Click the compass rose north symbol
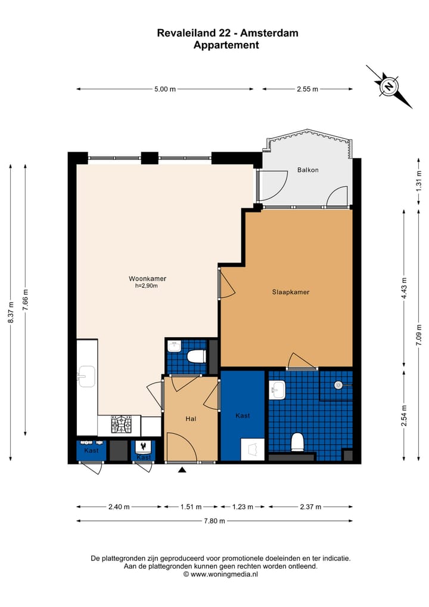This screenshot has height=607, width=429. tap(389, 87)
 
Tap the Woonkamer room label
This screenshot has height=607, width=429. tap(147, 279)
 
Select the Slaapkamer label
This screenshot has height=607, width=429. tap(290, 292)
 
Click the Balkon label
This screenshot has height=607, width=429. tap(307, 170)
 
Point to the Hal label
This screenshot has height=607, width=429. tap(191, 419)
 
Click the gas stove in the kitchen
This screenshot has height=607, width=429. tap(122, 425)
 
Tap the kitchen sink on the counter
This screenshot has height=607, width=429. tap(86, 376)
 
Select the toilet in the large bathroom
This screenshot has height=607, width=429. tap(297, 442)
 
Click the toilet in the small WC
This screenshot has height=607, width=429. tap(195, 357)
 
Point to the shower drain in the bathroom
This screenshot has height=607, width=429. tap(338, 386)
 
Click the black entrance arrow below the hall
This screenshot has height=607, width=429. tap(182, 470)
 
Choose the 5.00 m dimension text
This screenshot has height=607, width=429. tap(165, 90)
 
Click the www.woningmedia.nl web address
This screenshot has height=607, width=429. tap(220, 574)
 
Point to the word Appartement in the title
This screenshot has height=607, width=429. tap(226, 45)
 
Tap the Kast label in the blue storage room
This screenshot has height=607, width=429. tap(242, 415)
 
